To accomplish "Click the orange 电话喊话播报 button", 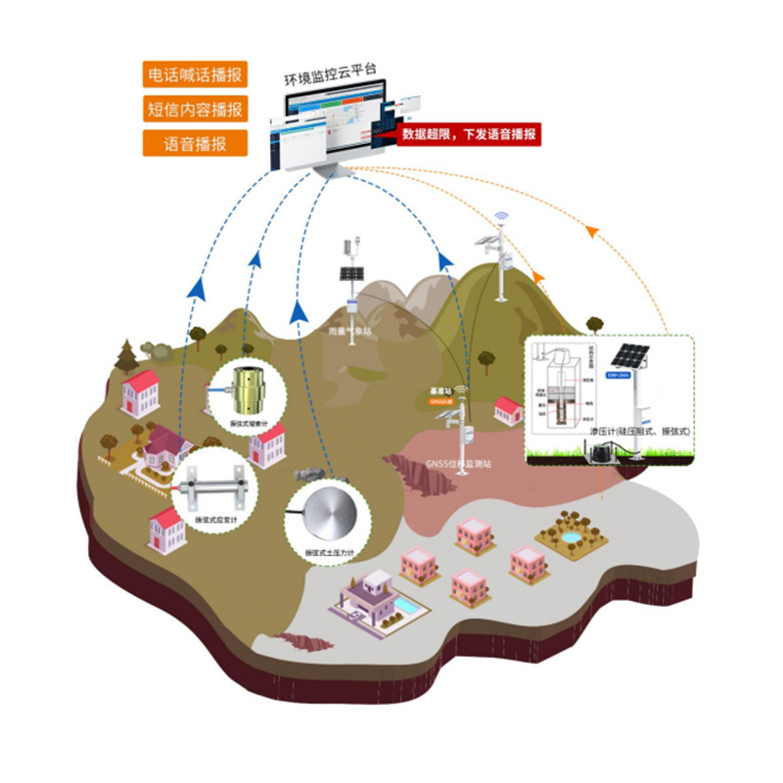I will click(194, 74).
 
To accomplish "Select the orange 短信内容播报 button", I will click(194, 109).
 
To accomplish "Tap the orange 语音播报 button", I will click(194, 143).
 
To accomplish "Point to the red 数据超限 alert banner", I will click(470, 136).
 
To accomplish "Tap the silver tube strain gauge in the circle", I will click(212, 484).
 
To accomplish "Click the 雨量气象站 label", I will click(349, 333).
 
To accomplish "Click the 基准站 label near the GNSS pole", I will click(441, 392).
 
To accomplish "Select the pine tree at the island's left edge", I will click(126, 354).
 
